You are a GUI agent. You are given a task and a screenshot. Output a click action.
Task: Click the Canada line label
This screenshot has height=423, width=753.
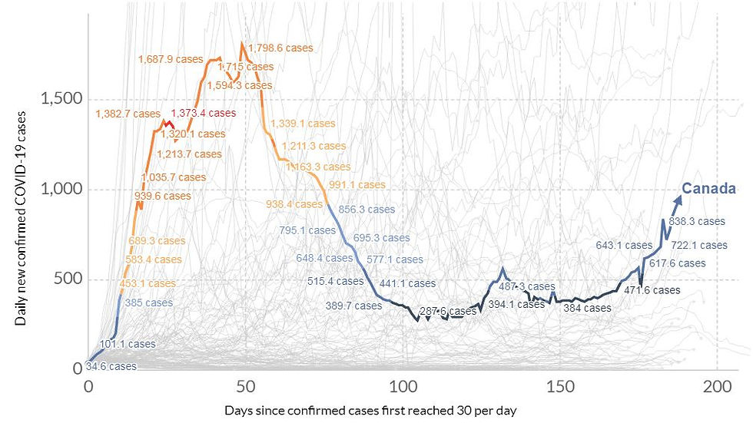[709, 189]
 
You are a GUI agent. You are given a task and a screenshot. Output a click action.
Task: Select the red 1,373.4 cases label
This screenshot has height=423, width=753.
[203, 113]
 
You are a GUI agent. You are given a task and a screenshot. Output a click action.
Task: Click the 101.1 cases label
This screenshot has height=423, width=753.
[128, 343]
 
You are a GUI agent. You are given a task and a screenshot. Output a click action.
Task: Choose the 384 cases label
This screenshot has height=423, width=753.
[587, 308]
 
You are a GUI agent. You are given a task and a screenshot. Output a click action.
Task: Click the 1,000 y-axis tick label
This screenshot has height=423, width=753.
[60, 189]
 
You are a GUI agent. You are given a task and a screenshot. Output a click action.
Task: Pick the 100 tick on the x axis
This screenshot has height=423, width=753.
[403, 385]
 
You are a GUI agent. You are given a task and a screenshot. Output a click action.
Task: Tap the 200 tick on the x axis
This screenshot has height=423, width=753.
[717, 385]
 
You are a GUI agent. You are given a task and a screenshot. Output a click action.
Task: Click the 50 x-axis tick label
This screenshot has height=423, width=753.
[245, 385]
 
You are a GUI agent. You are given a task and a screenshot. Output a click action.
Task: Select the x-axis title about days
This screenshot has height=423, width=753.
[371, 411]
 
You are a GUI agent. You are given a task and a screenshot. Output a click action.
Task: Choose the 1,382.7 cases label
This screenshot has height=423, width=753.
[128, 114]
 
